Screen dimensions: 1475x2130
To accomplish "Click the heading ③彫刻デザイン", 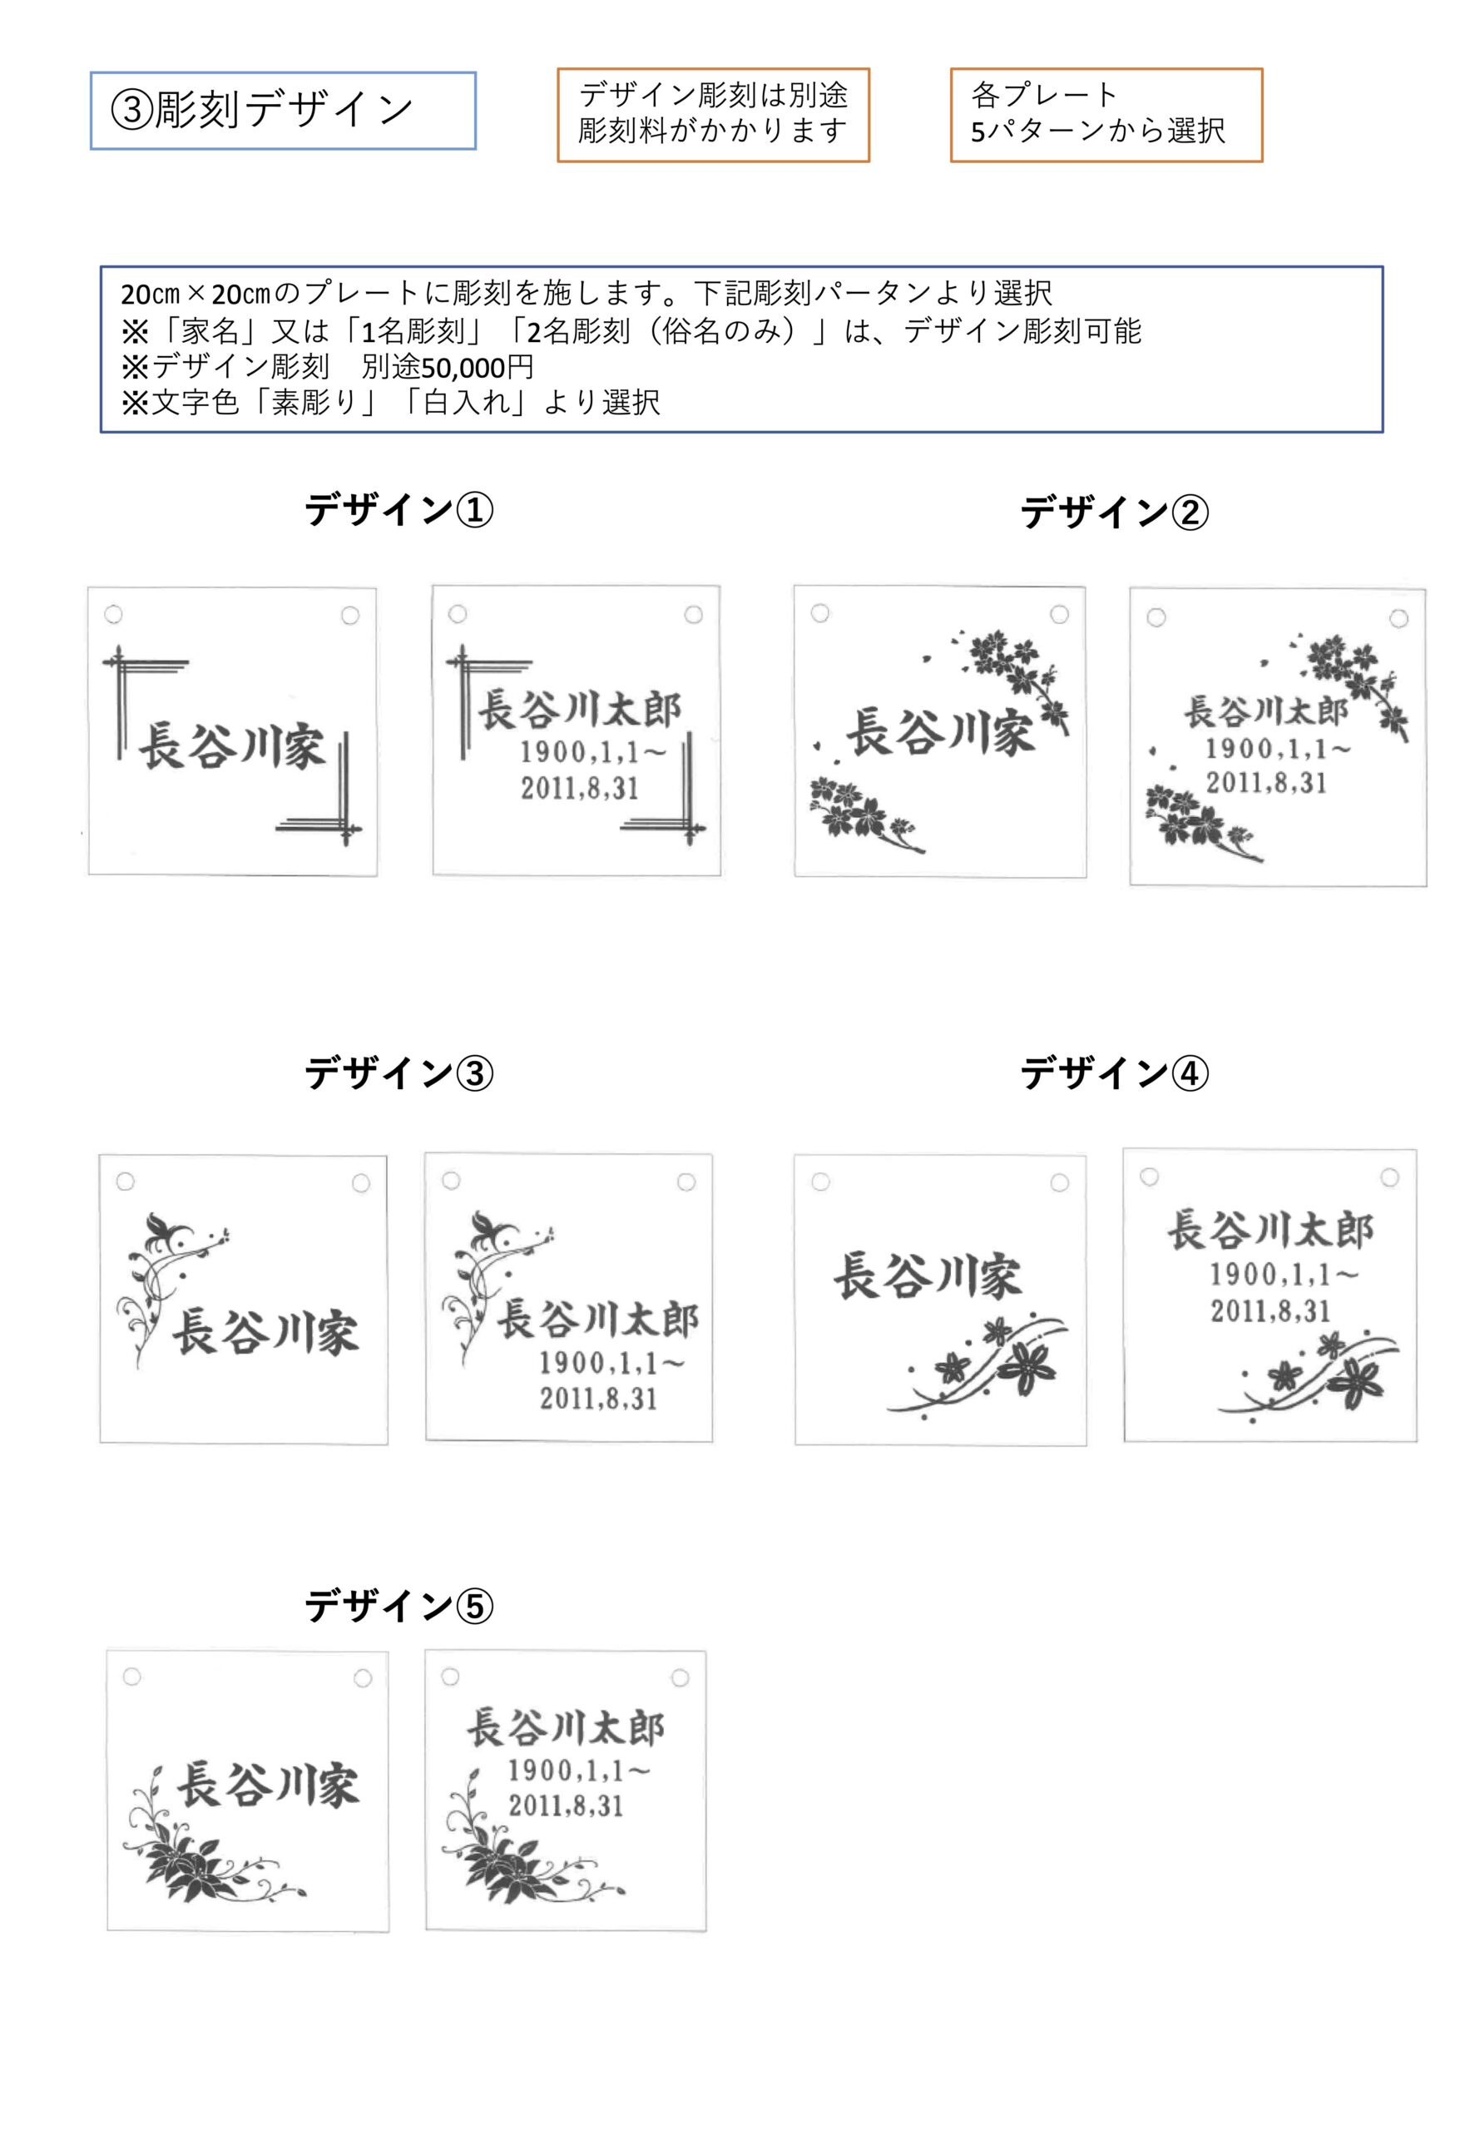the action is tap(283, 111).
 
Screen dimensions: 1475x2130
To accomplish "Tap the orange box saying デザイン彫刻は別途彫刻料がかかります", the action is tap(713, 115).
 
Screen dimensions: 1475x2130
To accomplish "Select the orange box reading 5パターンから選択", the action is tap(1106, 115).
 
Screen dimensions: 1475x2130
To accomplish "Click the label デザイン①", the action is tap(399, 509).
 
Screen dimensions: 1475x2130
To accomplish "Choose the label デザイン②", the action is tap(1115, 511).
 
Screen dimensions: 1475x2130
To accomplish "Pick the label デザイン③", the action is tap(399, 1072).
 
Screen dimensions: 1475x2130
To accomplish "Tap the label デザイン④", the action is tap(1115, 1072).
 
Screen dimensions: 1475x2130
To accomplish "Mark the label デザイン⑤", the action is tap(399, 1606).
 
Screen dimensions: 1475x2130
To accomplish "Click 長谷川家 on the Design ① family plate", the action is tap(232, 746).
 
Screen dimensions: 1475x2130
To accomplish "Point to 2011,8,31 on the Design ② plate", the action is tap(1266, 783).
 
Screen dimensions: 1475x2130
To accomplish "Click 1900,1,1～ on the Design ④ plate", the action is tap(1284, 1275).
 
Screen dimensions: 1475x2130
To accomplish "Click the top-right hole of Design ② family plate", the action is tap(1059, 615).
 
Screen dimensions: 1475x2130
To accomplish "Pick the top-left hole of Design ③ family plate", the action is tap(126, 1181).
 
